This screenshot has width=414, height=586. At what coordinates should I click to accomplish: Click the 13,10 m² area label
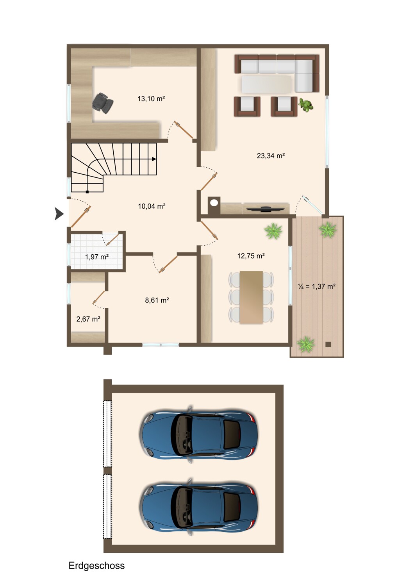[x=151, y=98]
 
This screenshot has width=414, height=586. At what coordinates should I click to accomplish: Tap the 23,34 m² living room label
[x=271, y=155]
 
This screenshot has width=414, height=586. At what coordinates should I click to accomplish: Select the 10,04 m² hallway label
[x=152, y=206]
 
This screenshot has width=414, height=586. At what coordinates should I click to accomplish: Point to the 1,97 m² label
[x=97, y=257]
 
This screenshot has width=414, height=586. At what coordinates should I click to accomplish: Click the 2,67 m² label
[x=88, y=319]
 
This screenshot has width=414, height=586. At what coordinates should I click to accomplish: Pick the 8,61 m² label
[x=157, y=300]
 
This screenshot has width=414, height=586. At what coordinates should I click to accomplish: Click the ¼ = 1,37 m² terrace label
[x=317, y=286]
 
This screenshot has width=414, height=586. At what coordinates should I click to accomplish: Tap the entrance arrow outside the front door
[x=59, y=213]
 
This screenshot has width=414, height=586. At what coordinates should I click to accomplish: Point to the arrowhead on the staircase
[x=154, y=159]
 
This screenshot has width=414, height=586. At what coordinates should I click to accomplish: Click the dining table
[x=251, y=297]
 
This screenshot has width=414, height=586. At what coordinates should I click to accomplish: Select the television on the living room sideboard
[x=266, y=209]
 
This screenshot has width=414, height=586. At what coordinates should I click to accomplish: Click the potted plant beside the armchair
[x=306, y=105]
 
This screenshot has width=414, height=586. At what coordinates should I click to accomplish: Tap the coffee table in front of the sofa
[x=266, y=84]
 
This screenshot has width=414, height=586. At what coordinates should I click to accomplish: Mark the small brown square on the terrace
[x=328, y=344]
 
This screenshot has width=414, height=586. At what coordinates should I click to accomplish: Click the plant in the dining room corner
[x=273, y=231]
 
